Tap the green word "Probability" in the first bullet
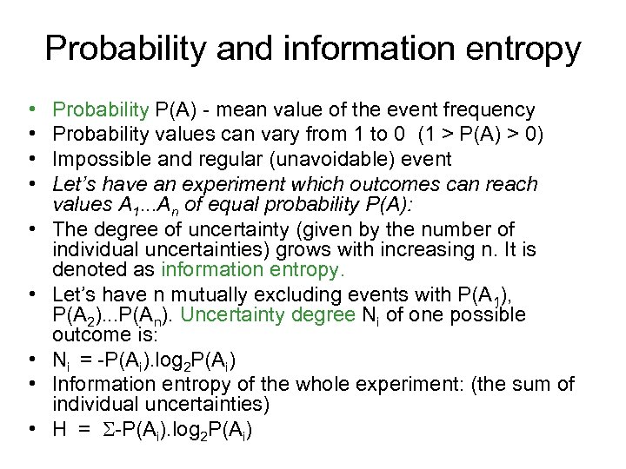(x=101, y=110)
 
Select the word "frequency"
(x=489, y=110)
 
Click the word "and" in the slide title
(x=236, y=49)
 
